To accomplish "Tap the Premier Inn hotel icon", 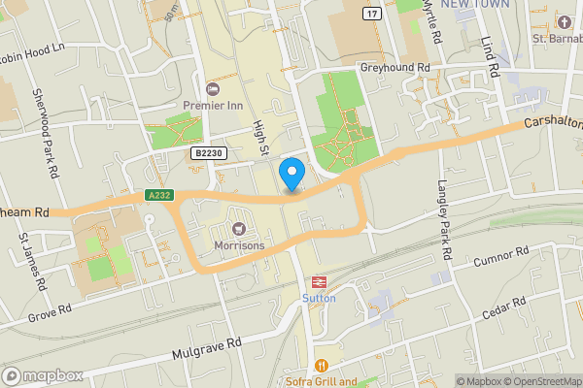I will [x=212, y=89].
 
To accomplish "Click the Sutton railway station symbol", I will [x=317, y=281].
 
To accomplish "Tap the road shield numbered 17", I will [x=372, y=13].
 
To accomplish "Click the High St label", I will [x=259, y=137].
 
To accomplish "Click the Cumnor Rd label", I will [x=500, y=257].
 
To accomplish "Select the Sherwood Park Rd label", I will [x=45, y=126].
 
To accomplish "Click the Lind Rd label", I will [x=489, y=58].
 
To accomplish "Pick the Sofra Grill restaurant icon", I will [x=321, y=366].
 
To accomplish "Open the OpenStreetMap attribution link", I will [x=538, y=381].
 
